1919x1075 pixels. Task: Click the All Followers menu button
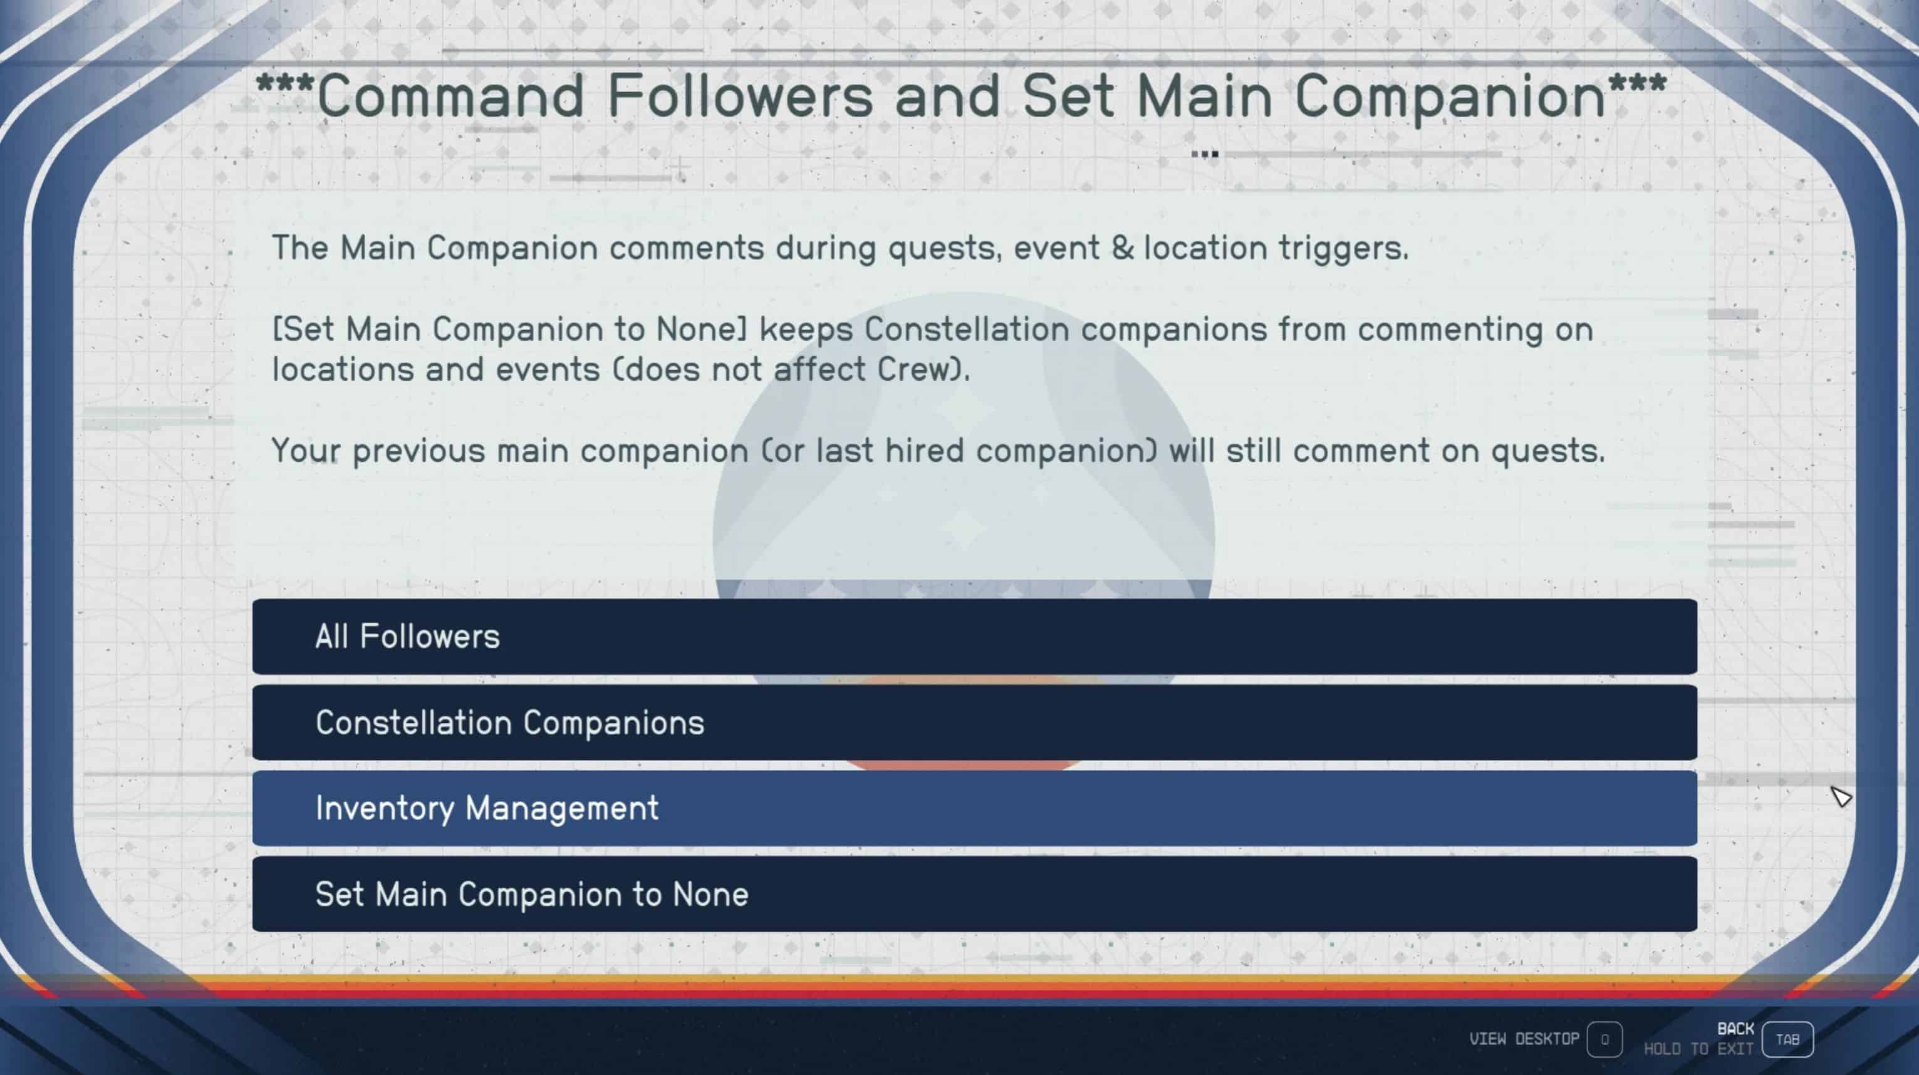(x=974, y=636)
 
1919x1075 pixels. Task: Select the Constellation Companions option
(x=974, y=722)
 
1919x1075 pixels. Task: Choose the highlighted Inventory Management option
(x=974, y=808)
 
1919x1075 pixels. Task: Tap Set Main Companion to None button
(x=974, y=893)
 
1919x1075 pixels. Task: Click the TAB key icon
(x=1787, y=1039)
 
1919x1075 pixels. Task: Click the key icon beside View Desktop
(x=1604, y=1039)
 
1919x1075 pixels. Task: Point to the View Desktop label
(x=1524, y=1039)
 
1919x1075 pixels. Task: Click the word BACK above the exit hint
(x=1735, y=1029)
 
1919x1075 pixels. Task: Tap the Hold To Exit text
(x=1698, y=1049)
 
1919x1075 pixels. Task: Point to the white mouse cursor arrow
(x=1841, y=796)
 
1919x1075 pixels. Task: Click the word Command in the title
(x=450, y=95)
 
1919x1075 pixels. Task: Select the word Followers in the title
(x=741, y=95)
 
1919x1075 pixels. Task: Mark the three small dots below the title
(x=1205, y=154)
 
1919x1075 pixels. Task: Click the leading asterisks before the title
(x=284, y=83)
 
